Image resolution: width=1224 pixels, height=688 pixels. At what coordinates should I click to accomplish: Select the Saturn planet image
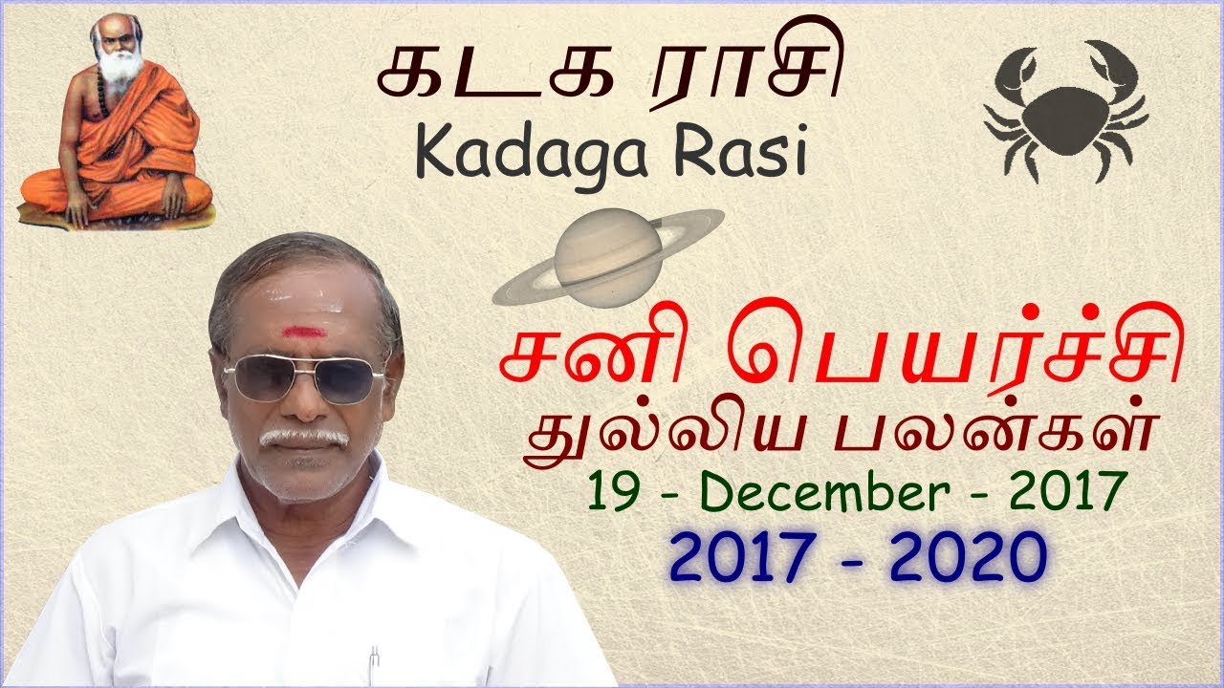coord(607,255)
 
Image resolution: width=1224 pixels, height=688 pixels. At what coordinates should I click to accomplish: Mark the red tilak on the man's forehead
coord(301,332)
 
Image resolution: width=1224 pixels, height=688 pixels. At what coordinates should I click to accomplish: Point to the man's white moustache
coord(304,437)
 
